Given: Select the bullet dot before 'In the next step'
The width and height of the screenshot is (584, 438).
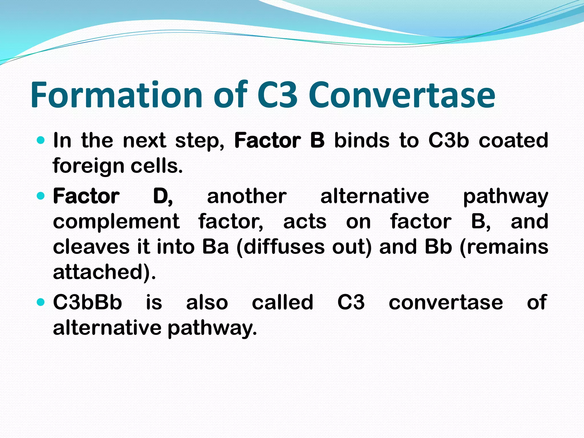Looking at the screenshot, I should coord(41,140).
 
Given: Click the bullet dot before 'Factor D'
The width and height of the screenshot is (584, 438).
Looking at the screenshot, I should coord(41,196).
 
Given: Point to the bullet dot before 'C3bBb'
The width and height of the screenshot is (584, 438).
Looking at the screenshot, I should coord(41,302).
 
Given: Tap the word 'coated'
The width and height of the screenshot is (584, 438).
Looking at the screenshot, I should coord(513,140).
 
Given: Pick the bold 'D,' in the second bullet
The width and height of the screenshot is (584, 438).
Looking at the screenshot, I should coord(163,196).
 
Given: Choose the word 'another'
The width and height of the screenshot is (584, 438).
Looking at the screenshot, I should coord(247,196).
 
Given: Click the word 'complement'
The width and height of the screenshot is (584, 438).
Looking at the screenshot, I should coord(116,221).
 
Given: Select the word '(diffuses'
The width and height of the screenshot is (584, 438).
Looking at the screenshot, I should coord(281,246).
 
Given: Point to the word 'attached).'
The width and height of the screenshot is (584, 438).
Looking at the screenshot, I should coord(104,271).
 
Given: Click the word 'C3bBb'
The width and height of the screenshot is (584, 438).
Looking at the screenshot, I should coord(88,302).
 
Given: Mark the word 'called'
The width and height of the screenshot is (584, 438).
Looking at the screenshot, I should coord(283,302).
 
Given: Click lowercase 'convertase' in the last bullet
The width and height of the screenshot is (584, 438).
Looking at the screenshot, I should coord(446,302).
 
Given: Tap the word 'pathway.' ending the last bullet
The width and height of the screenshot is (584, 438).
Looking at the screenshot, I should coord(212,328).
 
